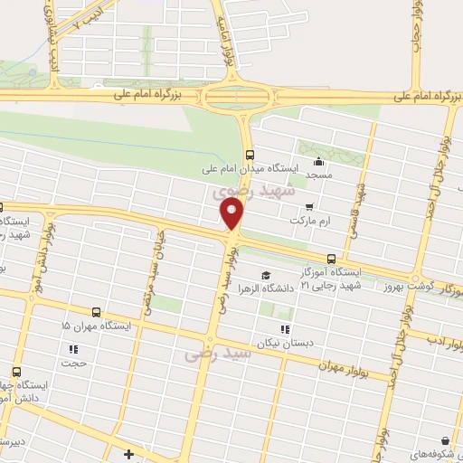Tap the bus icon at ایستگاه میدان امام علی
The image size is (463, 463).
click(250, 153)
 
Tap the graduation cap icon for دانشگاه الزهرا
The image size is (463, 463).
click(265, 276)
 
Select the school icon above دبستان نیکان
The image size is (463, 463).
click(285, 330)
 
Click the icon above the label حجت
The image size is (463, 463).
click(73, 349)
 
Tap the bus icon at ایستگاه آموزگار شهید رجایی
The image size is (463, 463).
click(331, 259)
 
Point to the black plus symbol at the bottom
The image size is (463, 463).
click(129, 454)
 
